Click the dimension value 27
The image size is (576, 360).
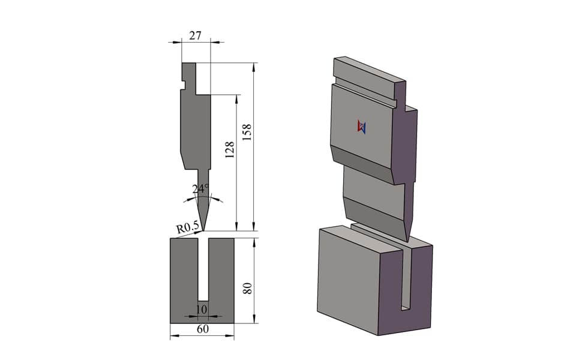pyautogui.click(x=195, y=35)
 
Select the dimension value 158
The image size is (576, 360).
pyautogui.click(x=247, y=132)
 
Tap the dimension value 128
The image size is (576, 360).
pyautogui.click(x=229, y=149)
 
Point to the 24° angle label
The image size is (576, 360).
pyautogui.click(x=200, y=188)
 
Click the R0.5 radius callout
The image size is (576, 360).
pyautogui.click(x=187, y=227)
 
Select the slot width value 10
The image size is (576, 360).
pyautogui.click(x=202, y=310)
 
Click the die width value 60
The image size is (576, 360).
pyautogui.click(x=203, y=329)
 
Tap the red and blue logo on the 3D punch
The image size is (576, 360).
pyautogui.click(x=361, y=127)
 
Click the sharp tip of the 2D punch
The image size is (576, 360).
pyautogui.click(x=203, y=231)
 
